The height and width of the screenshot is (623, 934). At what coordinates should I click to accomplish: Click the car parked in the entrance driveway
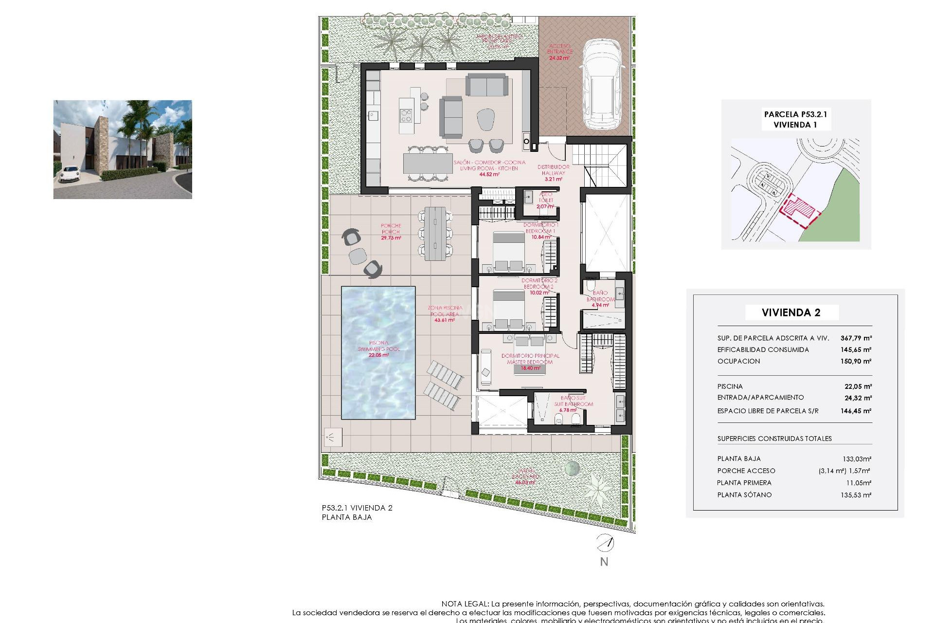tap(602, 86)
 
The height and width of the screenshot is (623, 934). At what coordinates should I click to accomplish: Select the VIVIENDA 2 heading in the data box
tap(791, 312)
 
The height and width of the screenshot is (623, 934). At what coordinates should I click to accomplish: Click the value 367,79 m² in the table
tap(856, 338)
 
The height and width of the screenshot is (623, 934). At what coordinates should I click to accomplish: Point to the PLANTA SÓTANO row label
tap(744, 495)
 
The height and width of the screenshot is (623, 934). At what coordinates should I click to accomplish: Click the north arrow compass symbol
tap(605, 542)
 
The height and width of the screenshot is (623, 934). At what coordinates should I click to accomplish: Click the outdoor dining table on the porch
tap(435, 234)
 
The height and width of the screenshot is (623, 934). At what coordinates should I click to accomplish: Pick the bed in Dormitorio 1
tap(508, 250)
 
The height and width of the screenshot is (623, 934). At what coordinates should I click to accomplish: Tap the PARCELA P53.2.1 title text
tap(795, 114)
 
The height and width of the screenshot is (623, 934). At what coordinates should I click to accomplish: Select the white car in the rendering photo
tap(69, 174)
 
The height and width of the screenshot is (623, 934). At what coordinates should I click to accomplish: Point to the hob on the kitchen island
tap(406, 116)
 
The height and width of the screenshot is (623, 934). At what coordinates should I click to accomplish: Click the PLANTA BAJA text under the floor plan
tap(347, 517)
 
